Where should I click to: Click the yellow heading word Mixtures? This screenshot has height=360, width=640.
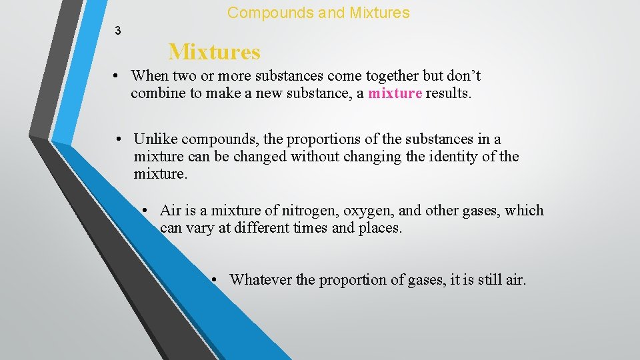click(214, 51)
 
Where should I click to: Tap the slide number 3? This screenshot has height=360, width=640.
click(117, 30)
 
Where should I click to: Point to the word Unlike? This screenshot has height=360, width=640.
click(155, 139)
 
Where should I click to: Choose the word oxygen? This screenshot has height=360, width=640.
click(369, 211)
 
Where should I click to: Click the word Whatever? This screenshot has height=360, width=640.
click(260, 280)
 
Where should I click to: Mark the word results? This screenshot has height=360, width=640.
click(449, 93)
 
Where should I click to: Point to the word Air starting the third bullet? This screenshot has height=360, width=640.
click(171, 211)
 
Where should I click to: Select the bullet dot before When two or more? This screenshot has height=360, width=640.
click(117, 76)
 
